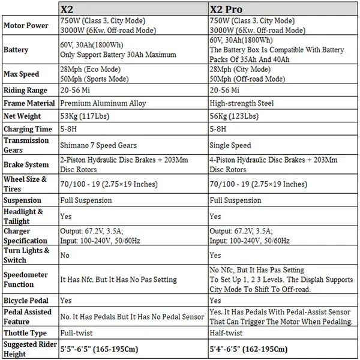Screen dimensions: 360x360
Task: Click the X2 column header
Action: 68,10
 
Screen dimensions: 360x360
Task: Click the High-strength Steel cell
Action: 242,103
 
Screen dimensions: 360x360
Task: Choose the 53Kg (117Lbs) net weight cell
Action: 82,115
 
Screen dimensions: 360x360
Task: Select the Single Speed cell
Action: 230,145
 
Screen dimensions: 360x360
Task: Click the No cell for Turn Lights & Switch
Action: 65,255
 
